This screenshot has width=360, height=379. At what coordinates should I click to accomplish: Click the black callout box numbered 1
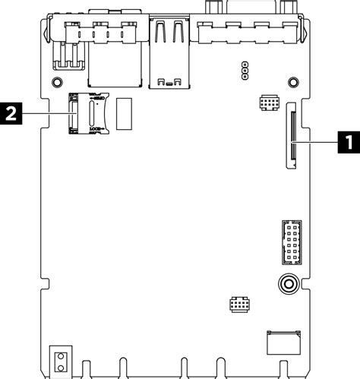348,141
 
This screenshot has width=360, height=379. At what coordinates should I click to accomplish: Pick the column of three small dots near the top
245,71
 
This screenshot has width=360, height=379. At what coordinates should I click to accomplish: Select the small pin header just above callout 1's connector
268,101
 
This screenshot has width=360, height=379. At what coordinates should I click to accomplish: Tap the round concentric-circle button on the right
287,285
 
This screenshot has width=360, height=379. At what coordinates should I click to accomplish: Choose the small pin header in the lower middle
238,303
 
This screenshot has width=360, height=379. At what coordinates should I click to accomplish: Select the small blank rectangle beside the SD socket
126,112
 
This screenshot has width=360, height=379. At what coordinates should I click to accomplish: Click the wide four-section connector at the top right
246,32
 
